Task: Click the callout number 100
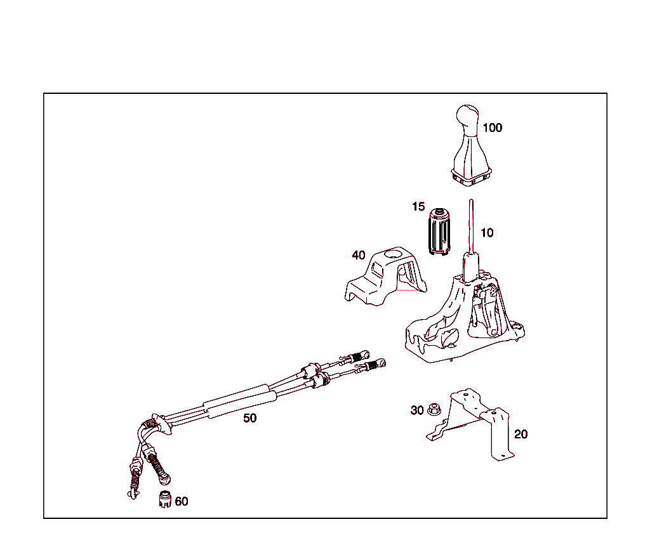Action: pos(492,128)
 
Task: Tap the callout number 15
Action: pos(418,207)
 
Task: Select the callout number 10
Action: pos(486,233)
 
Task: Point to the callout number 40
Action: pos(359,255)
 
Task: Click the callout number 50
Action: pos(250,418)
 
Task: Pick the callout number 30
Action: pos(416,410)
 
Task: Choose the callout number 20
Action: pos(521,435)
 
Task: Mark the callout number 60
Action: pos(182,501)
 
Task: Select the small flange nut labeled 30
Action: pos(434,409)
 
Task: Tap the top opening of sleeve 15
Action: pos(439,211)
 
